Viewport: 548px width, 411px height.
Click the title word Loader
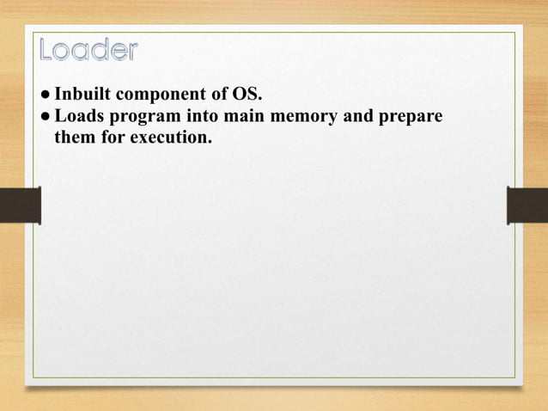(x=88, y=51)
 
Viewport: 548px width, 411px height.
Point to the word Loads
(x=76, y=116)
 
